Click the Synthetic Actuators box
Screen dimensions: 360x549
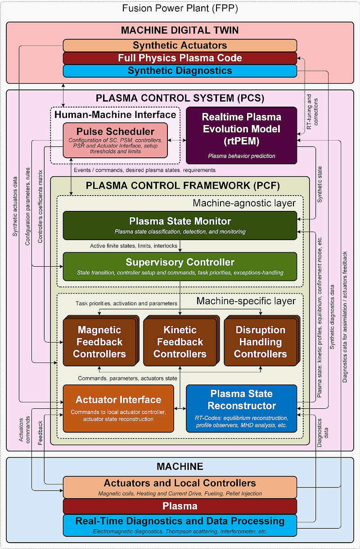tap(180, 45)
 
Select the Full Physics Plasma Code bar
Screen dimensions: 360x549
tap(180, 58)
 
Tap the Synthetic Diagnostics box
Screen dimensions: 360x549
tap(180, 71)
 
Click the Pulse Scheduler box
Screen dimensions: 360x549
tap(115, 140)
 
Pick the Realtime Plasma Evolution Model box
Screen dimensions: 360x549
tap(242, 135)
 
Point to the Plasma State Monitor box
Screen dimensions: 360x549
tap(180, 225)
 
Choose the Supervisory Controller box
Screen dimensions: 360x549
tap(180, 267)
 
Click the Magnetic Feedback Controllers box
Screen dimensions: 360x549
tap(101, 341)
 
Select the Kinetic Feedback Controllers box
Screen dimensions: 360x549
tap(181, 341)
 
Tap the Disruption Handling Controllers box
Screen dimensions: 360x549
tap(261, 341)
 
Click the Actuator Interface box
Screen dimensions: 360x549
tap(118, 409)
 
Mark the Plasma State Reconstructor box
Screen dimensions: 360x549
tap(242, 409)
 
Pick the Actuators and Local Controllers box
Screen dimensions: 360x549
tap(180, 487)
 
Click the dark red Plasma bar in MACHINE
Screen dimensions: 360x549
tap(180, 506)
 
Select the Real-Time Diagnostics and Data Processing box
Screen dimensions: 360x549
tap(180, 525)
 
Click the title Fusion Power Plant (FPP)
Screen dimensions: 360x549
tap(180, 9)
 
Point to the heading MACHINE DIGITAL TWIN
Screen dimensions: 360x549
tap(180, 30)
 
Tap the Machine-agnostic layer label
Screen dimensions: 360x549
tap(244, 203)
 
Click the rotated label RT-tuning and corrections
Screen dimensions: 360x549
tap(312, 112)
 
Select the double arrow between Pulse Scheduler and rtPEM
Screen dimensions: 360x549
tap(177, 140)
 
